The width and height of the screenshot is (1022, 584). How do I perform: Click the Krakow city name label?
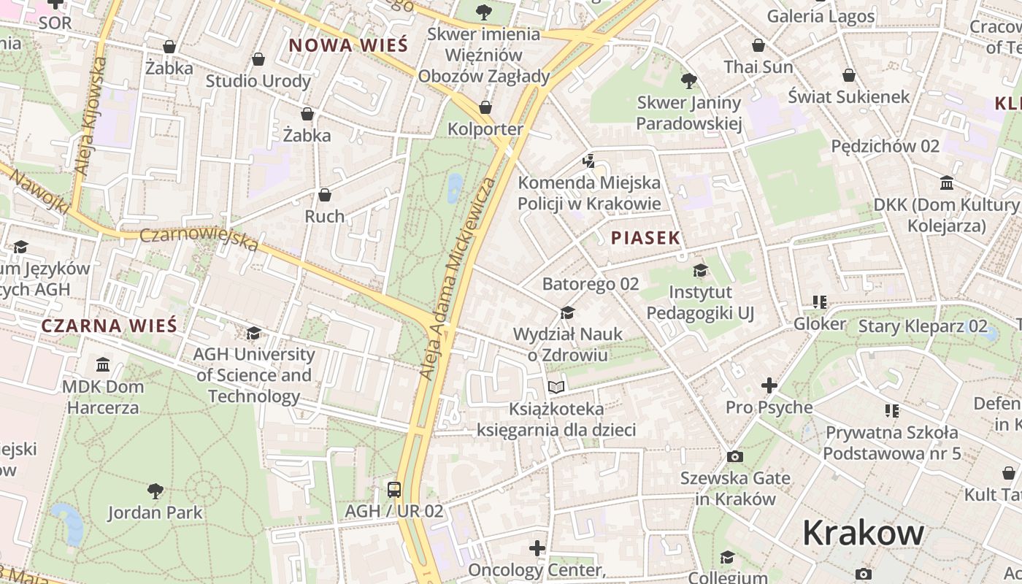pyautogui.click(x=863, y=533)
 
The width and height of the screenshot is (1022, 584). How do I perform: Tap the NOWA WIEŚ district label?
pyautogui.click(x=347, y=45)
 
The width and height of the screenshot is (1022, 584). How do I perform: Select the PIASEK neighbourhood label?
pyautogui.click(x=645, y=237)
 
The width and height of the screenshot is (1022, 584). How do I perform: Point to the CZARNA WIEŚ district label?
pyautogui.click(x=109, y=326)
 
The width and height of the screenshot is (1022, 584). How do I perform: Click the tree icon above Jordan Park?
pyautogui.click(x=155, y=491)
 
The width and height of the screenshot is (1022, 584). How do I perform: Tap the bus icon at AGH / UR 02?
pyautogui.click(x=394, y=489)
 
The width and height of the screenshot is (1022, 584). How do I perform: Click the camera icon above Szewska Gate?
pyautogui.click(x=735, y=457)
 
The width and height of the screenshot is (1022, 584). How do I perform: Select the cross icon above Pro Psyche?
pyautogui.click(x=769, y=385)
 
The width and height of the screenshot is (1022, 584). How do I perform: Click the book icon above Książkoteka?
pyautogui.click(x=556, y=387)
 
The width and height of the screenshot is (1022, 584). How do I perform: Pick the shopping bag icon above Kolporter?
pyautogui.click(x=485, y=108)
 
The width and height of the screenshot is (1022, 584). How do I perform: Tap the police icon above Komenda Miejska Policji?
pyautogui.click(x=589, y=161)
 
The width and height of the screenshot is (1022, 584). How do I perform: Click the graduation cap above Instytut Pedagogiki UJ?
pyautogui.click(x=700, y=271)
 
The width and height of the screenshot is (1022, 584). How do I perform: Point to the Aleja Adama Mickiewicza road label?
pyautogui.click(x=458, y=277)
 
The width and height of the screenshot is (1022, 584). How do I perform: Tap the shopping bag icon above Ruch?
pyautogui.click(x=325, y=195)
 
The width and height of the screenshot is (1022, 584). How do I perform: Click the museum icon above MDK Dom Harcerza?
pyautogui.click(x=103, y=364)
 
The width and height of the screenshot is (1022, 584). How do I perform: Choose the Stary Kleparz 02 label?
pyautogui.click(x=923, y=326)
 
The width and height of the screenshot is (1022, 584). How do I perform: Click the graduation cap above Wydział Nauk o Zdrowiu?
pyautogui.click(x=567, y=313)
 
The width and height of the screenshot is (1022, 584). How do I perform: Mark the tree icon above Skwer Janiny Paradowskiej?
pyautogui.click(x=688, y=81)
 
